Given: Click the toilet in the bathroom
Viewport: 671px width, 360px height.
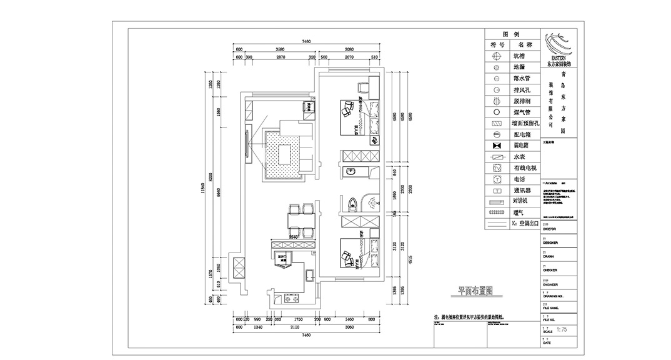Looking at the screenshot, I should (353, 204).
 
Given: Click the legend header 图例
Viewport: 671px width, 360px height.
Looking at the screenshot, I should (511, 34).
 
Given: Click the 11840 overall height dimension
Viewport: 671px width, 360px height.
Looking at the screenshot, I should (202, 191).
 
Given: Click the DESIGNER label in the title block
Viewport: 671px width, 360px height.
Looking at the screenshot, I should (550, 242).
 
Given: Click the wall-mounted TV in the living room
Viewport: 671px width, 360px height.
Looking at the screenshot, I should (251, 142).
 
